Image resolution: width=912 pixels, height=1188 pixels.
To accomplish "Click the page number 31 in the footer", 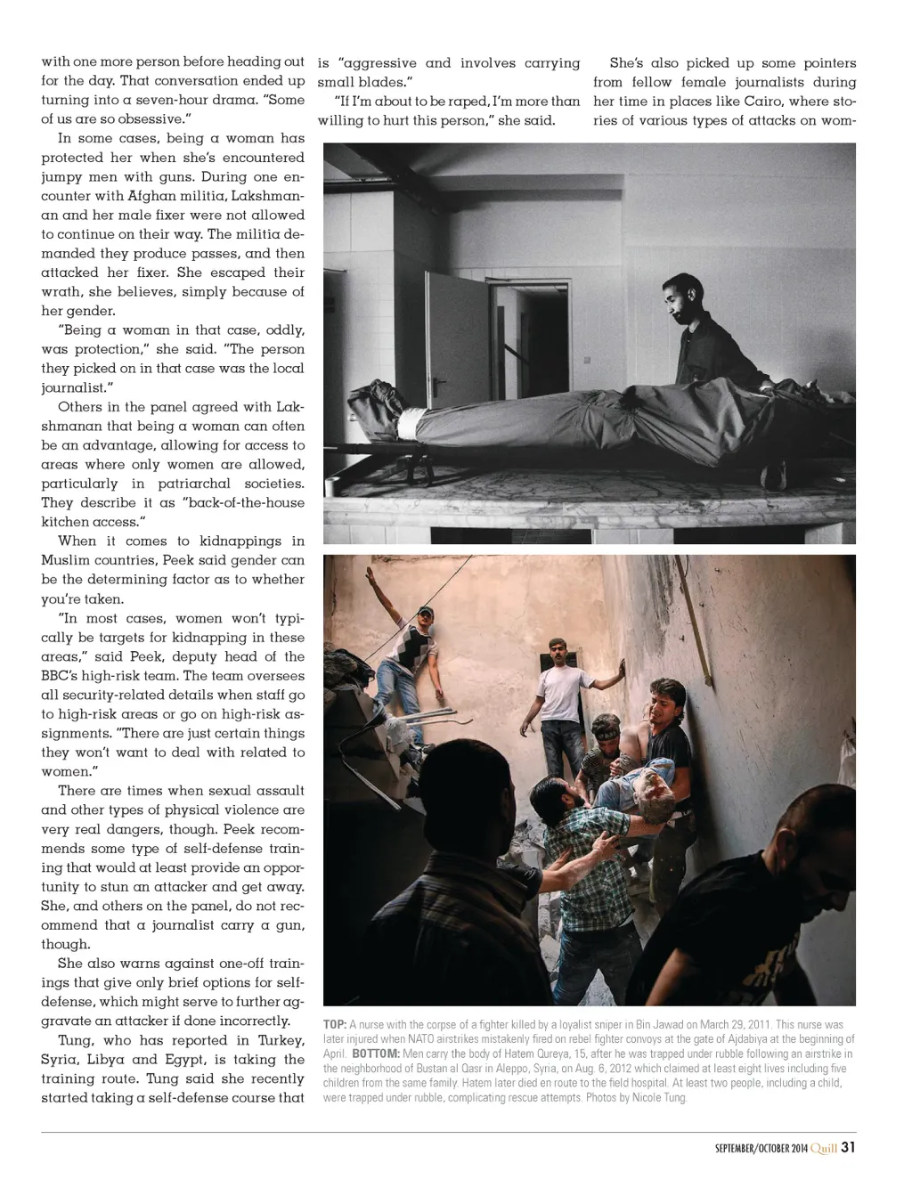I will pyautogui.click(x=848, y=1147).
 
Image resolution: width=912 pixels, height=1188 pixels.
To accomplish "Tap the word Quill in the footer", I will pyautogui.click(x=824, y=1148).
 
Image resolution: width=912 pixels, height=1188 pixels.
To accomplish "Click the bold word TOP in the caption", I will pyautogui.click(x=335, y=1025).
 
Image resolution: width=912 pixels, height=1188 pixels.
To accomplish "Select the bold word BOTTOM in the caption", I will pyautogui.click(x=376, y=1054).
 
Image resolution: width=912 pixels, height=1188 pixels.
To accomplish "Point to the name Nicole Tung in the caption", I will pyautogui.click(x=659, y=1097).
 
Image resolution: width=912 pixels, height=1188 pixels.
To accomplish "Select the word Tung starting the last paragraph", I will pyautogui.click(x=77, y=1040).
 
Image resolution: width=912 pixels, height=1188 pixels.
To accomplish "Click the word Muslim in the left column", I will pyautogui.click(x=67, y=561).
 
